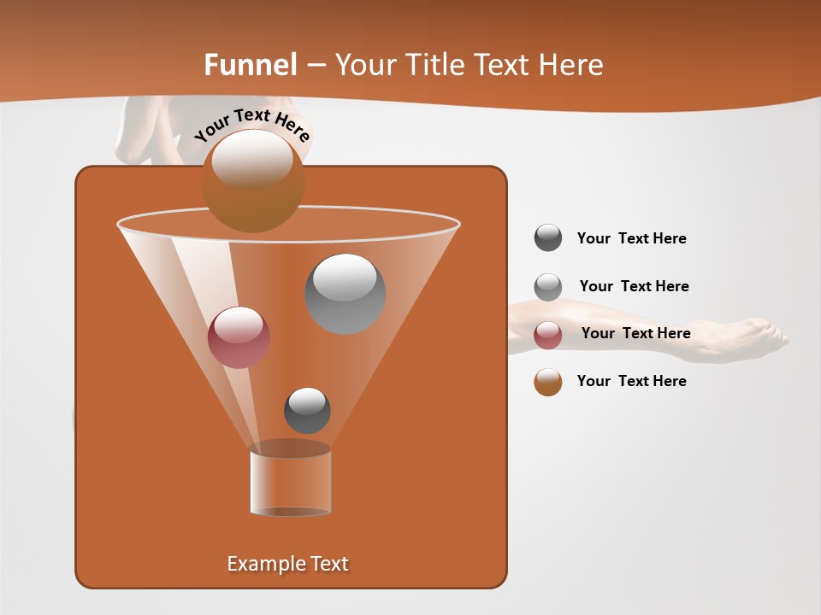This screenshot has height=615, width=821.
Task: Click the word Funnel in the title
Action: [250, 65]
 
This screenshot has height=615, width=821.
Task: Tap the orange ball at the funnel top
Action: [252, 180]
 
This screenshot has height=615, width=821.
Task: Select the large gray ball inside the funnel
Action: [345, 293]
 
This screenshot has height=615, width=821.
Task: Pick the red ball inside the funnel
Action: [239, 337]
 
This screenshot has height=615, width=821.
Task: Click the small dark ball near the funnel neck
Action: [307, 410]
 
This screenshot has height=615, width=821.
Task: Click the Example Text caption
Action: [287, 564]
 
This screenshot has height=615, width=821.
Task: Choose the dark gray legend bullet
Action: [548, 237]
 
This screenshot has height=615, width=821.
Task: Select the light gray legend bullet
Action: [548, 286]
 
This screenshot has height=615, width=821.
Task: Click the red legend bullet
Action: [548, 335]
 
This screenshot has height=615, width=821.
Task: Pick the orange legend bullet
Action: [548, 382]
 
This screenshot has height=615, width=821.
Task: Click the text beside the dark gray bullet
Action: [631, 238]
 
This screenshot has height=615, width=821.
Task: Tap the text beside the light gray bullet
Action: [634, 286]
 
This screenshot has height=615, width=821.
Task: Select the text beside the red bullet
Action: [635, 333]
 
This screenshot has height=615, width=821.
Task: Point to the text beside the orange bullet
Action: [631, 381]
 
